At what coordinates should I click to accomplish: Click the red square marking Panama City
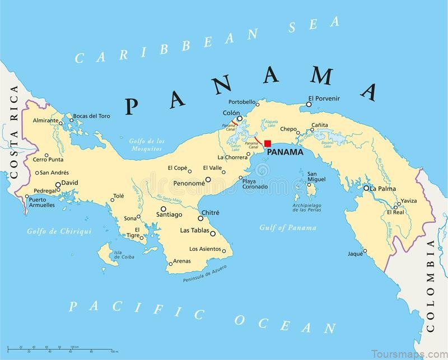(x=268, y=143)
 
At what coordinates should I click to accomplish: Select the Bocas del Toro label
(x=91, y=116)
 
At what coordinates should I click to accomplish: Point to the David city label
(x=69, y=183)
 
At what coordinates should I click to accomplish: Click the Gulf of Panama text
(x=288, y=228)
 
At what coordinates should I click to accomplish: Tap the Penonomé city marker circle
(x=208, y=180)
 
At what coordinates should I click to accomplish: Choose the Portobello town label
(x=242, y=102)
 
